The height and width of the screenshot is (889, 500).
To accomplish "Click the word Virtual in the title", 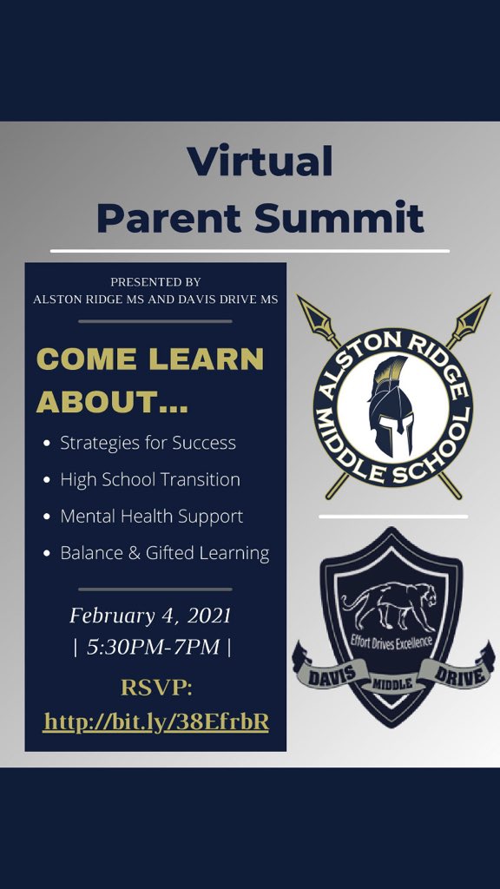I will point(260,161).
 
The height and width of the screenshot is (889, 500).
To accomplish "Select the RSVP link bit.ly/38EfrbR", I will point(155,721).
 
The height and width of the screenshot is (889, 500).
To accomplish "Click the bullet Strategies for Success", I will point(148,443).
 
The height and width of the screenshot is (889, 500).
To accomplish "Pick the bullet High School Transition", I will point(150,479).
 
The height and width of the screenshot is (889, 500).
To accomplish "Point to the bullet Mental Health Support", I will point(151,516).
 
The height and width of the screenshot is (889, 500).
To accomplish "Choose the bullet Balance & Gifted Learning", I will point(164,553).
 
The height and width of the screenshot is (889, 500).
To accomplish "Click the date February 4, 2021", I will point(150,616).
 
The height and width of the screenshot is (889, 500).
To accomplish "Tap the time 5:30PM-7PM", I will point(150,647).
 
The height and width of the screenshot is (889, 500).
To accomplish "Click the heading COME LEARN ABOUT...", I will point(150,379).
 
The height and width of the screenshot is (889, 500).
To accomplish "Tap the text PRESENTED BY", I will point(155,282).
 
